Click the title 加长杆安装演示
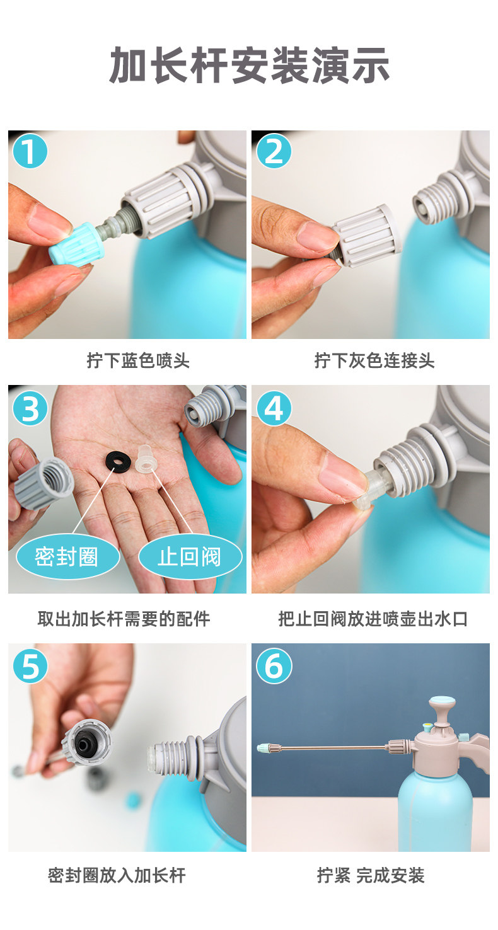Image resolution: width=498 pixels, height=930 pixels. [x=249, y=65]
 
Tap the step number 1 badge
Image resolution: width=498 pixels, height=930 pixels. [x=30, y=151]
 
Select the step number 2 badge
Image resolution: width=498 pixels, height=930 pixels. [x=274, y=151]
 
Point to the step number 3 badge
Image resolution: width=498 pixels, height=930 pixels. [x=30, y=408]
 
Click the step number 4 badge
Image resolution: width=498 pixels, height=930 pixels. [x=274, y=408]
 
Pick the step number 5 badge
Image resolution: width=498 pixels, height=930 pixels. [x=30, y=666]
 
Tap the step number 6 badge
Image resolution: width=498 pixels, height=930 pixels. [x=274, y=666]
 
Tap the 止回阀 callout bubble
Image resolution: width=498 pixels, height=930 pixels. [x=190, y=557]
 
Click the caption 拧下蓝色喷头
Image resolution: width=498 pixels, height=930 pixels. [x=138, y=360]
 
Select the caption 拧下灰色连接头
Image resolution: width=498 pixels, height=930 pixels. [x=374, y=360]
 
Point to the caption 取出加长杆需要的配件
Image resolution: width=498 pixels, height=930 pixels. [x=124, y=619]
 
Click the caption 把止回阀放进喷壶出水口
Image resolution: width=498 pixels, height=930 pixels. [x=373, y=619]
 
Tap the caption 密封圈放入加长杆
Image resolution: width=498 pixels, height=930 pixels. [x=117, y=876]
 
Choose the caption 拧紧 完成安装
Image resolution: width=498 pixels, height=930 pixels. [x=371, y=876]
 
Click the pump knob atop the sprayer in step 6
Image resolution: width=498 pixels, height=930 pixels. [x=442, y=704]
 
